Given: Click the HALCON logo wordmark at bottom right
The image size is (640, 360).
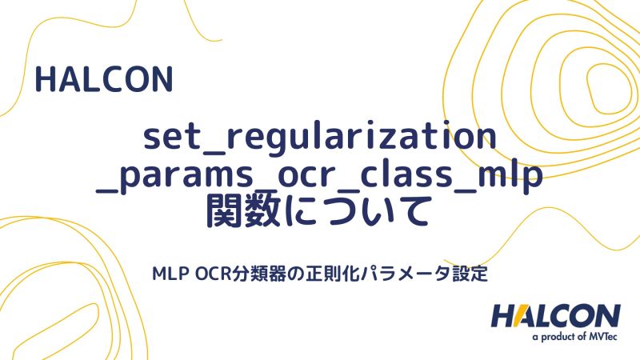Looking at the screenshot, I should click(x=555, y=316).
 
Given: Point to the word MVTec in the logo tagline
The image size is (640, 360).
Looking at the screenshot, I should click(x=602, y=337).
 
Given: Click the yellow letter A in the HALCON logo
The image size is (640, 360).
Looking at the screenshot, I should click(x=530, y=316).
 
